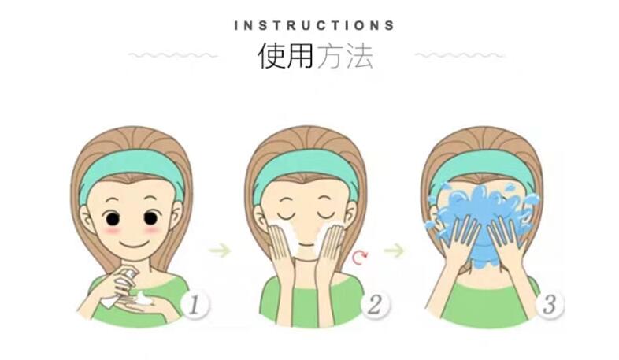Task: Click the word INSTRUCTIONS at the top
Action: (x=314, y=26)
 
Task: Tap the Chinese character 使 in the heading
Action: (x=272, y=55)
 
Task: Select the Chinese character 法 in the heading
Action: (x=360, y=55)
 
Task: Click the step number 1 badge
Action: (x=195, y=305)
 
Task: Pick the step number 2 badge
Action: (x=375, y=305)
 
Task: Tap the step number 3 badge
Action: (x=550, y=305)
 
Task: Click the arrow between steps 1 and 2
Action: (x=220, y=251)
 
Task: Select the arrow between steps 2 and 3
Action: (x=395, y=251)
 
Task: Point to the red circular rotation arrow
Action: (x=360, y=258)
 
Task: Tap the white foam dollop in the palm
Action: (x=143, y=298)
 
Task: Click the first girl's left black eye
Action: (x=112, y=218)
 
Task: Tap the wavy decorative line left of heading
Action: (x=173, y=55)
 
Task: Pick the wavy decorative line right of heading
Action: (x=460, y=55)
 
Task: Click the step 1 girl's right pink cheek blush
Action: (x=152, y=229)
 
